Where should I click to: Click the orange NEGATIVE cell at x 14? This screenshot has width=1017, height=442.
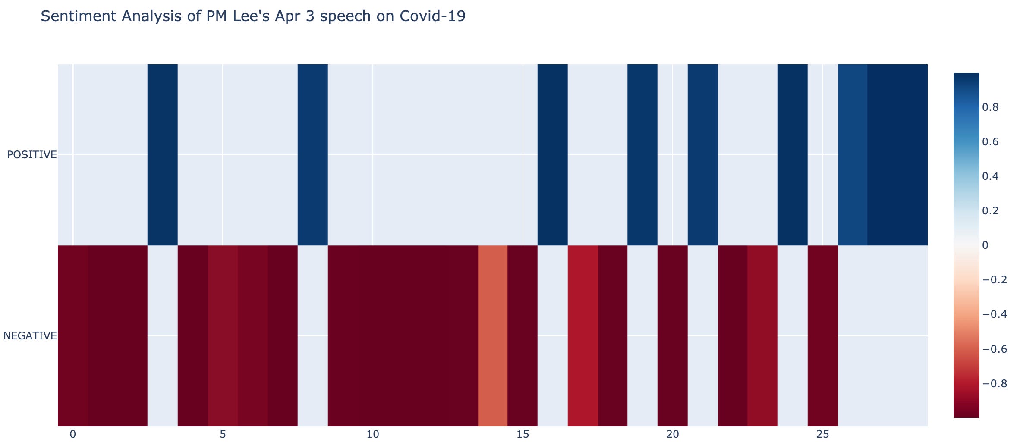pyautogui.click(x=493, y=335)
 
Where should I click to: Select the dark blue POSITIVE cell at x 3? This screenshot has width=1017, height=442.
pyautogui.click(x=163, y=154)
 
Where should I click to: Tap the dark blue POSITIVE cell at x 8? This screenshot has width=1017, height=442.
pyautogui.click(x=313, y=154)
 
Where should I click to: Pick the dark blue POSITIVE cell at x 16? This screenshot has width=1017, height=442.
pyautogui.click(x=553, y=154)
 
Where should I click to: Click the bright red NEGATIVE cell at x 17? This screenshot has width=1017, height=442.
pyautogui.click(x=583, y=335)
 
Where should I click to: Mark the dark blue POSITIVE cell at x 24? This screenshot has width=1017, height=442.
pyautogui.click(x=793, y=154)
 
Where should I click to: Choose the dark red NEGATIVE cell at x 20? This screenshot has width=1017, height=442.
pyautogui.click(x=673, y=335)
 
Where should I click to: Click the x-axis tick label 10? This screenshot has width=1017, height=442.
pyautogui.click(x=373, y=434)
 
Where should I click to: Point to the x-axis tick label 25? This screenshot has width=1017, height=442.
pyautogui.click(x=823, y=434)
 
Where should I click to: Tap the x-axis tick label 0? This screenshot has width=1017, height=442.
pyautogui.click(x=72, y=434)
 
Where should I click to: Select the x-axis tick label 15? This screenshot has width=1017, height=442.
pyautogui.click(x=523, y=434)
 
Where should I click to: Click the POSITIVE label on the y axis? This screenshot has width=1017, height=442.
pyautogui.click(x=32, y=155)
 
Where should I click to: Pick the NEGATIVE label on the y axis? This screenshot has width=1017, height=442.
pyautogui.click(x=30, y=336)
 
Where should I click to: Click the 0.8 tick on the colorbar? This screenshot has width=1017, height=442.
pyautogui.click(x=990, y=107)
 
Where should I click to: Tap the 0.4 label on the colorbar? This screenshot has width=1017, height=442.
pyautogui.click(x=990, y=176)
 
